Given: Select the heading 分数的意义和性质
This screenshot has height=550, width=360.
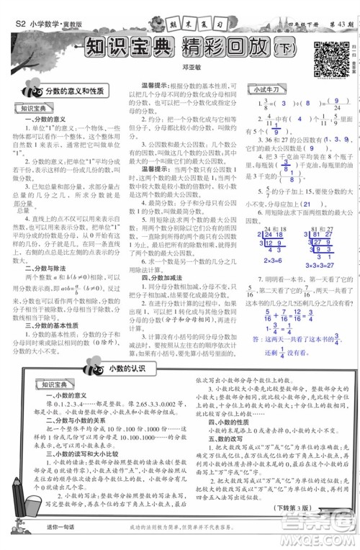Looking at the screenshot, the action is coord(75,92).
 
